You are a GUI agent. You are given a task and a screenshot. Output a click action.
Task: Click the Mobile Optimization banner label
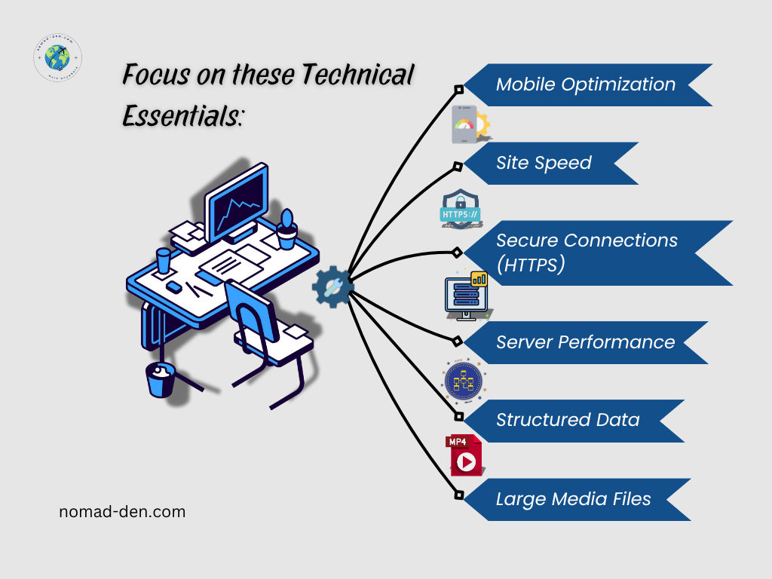585,84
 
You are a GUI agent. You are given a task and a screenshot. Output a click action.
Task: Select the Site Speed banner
544,163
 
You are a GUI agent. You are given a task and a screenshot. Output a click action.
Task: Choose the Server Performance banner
585,342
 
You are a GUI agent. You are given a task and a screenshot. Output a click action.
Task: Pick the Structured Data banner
568,421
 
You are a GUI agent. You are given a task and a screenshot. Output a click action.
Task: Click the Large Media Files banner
573,499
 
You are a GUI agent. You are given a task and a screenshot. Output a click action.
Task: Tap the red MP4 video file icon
464,455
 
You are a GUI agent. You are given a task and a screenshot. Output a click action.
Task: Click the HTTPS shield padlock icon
461,210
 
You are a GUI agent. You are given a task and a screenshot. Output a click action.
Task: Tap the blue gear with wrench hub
332,286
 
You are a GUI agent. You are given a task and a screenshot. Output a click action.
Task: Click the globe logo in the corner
58,58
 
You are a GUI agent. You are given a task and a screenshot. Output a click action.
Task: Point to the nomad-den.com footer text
122,512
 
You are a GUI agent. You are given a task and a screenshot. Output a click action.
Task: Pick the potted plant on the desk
286,230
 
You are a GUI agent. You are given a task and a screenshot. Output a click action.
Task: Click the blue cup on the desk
164,261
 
